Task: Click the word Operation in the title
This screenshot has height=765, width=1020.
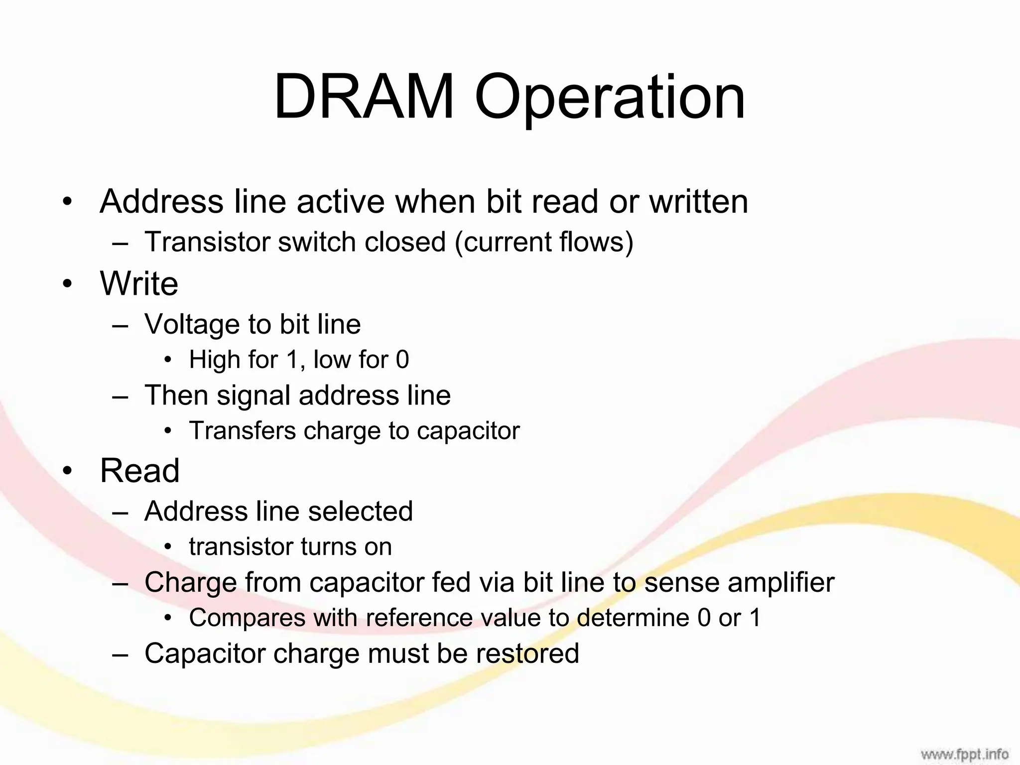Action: pyautogui.click(x=610, y=98)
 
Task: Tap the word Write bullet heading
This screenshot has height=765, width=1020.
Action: pyautogui.click(x=139, y=283)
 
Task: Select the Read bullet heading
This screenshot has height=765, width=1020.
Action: pyautogui.click(x=139, y=470)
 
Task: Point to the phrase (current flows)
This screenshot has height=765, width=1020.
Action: pyautogui.click(x=543, y=242)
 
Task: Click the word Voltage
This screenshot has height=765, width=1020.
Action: pyautogui.click(x=192, y=324)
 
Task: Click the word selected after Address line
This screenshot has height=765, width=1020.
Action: pyautogui.click(x=360, y=511)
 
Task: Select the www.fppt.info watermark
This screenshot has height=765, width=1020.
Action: pyautogui.click(x=964, y=754)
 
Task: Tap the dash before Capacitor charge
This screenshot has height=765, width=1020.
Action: pyautogui.click(x=120, y=654)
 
